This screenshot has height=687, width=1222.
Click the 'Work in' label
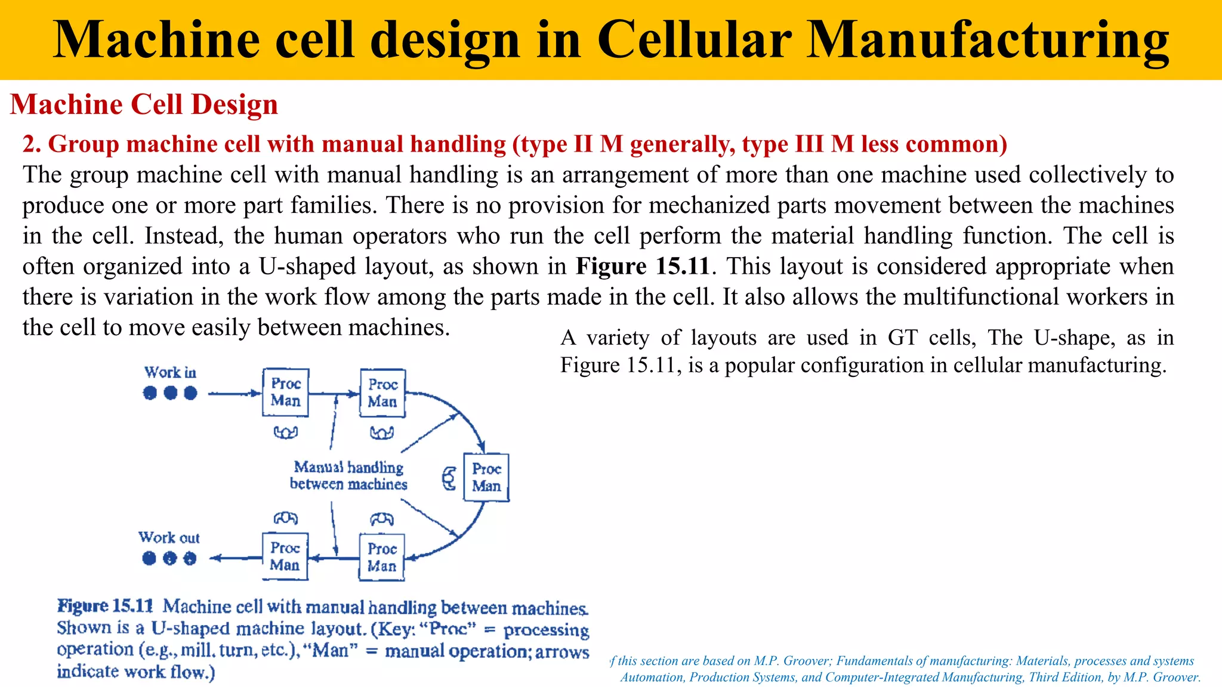coord(170,373)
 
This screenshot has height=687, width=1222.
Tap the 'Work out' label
coord(169,538)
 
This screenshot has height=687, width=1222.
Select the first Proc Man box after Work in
coord(286,392)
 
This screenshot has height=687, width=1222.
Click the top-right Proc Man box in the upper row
coord(382,393)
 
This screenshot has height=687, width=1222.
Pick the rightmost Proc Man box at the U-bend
coord(486,477)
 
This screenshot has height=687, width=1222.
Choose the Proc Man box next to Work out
coord(285,556)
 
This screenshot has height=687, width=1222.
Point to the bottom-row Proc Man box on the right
coord(382,557)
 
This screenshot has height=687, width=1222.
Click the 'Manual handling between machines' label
coord(349,476)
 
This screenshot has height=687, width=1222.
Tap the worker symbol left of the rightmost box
coord(449,478)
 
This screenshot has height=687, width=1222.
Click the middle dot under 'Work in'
coord(171,393)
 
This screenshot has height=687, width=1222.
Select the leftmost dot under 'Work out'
coord(149,558)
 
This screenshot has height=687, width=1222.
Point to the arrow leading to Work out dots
coord(236,558)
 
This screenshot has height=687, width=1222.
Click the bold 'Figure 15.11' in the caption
coord(106,606)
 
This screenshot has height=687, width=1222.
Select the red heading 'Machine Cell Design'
coord(144,104)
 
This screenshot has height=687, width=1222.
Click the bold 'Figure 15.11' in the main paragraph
coord(643,266)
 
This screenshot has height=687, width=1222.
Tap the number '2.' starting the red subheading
coord(32,144)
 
